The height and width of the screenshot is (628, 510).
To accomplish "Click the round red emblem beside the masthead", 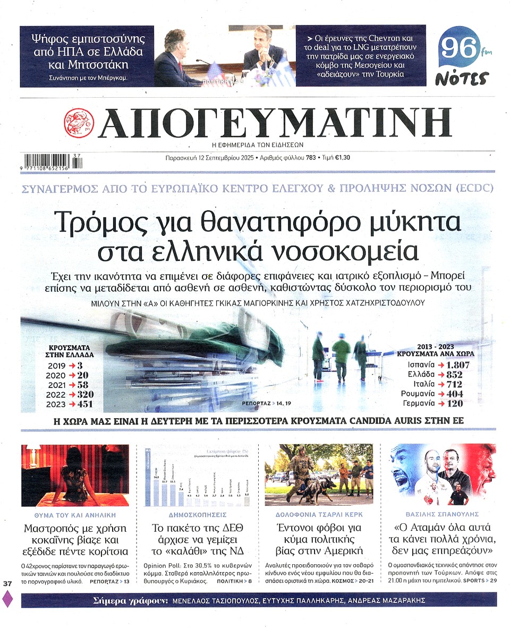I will [x=78, y=123].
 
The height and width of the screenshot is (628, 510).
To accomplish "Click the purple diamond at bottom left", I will [x=7, y=599].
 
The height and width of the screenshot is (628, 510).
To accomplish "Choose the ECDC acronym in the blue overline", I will [x=477, y=188].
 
